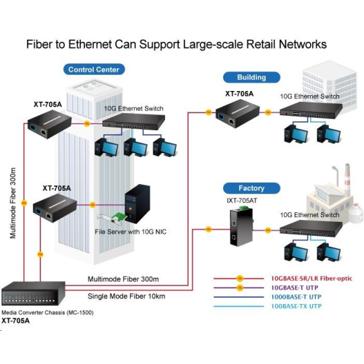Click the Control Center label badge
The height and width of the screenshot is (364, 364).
94,69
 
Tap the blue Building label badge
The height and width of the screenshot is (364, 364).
251,78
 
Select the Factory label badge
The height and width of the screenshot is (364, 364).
251,188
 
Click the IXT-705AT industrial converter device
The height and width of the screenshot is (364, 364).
241,226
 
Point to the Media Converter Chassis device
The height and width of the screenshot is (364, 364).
34,293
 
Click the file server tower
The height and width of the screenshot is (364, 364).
138,204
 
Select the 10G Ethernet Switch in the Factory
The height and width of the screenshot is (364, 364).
311,229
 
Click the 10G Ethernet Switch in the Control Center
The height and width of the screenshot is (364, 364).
133,121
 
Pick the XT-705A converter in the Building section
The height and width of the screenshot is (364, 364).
237,113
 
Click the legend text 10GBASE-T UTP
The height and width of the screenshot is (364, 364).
295,288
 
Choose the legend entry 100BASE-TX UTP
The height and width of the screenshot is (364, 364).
296,306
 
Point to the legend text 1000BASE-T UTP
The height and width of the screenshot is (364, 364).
296,297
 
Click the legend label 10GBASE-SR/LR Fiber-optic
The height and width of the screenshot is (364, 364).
311,278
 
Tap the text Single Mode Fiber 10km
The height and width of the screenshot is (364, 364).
126,296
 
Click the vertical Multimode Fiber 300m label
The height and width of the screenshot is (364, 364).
13,203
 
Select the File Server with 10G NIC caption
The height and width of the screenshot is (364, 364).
131,232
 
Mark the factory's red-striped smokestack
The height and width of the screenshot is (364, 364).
347,179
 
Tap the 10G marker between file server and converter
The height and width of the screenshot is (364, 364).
92,205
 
